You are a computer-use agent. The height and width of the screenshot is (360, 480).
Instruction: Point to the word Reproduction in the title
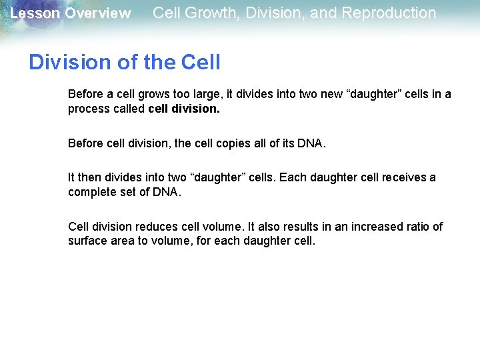(389, 13)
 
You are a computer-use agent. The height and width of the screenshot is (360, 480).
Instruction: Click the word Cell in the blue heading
(201, 62)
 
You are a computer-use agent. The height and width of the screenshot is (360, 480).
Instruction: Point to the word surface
(87, 241)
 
